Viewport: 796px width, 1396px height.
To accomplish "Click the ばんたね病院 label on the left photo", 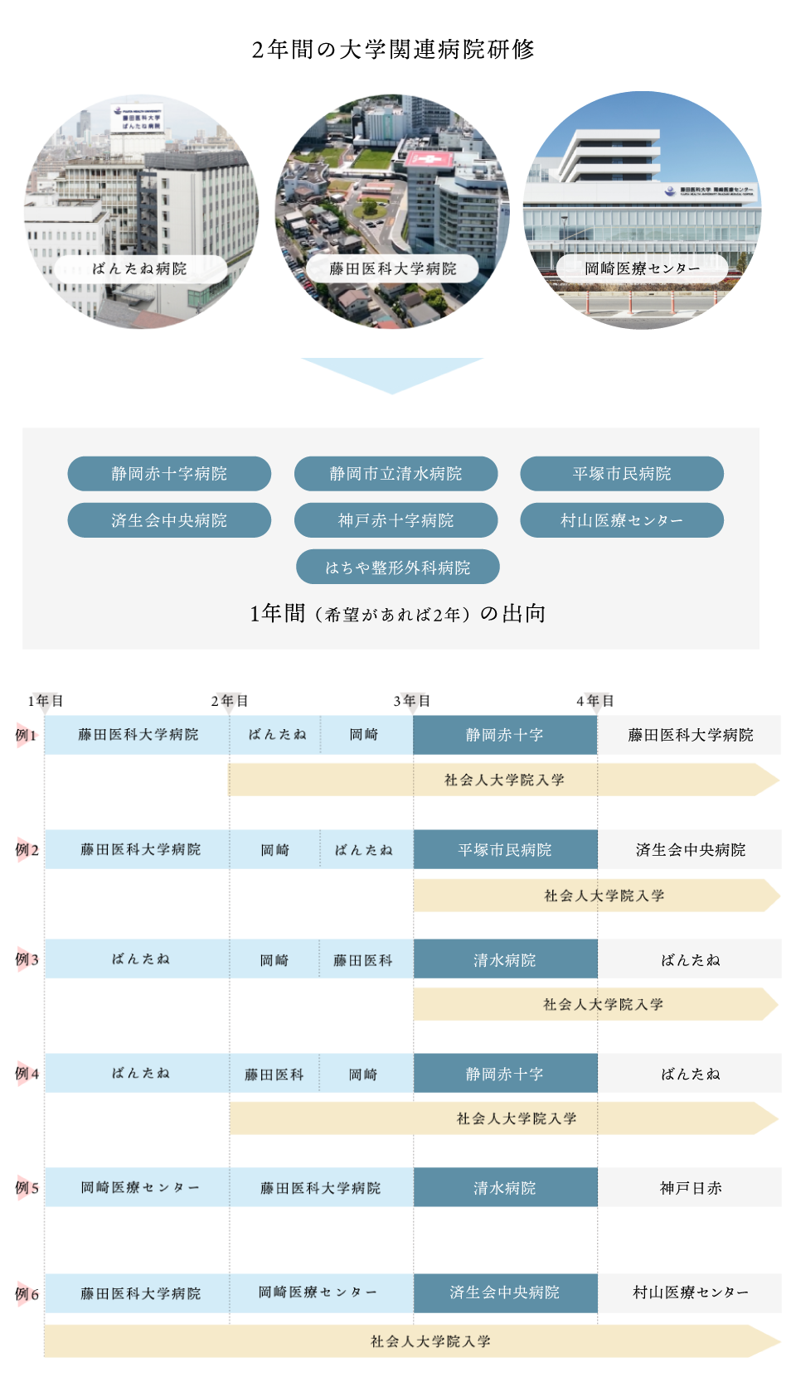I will (140, 268).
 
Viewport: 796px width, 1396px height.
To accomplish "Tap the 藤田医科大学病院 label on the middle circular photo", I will (392, 268).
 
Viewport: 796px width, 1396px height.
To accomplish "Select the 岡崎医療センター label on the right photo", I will (642, 268).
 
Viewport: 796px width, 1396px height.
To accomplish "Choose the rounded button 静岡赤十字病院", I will (169, 474).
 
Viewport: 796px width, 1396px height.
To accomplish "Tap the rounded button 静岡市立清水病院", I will (396, 474).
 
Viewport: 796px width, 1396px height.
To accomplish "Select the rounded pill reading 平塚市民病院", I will (622, 474).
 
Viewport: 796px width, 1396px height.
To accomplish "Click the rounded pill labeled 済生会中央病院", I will (169, 520).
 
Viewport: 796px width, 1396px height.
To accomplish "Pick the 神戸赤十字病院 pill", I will (396, 520).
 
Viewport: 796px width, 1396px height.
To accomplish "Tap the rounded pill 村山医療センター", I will (622, 520).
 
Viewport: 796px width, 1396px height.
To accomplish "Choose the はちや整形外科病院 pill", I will (397, 568).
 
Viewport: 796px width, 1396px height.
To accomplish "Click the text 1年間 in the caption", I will (278, 613).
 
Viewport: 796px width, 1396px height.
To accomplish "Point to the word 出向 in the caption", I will (524, 613).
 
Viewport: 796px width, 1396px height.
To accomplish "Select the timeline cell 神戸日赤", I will (690, 1188).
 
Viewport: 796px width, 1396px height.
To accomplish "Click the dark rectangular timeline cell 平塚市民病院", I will (505, 850).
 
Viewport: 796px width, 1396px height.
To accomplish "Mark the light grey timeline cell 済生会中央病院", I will (690, 850).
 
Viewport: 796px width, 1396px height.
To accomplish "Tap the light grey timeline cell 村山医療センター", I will (690, 1292).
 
